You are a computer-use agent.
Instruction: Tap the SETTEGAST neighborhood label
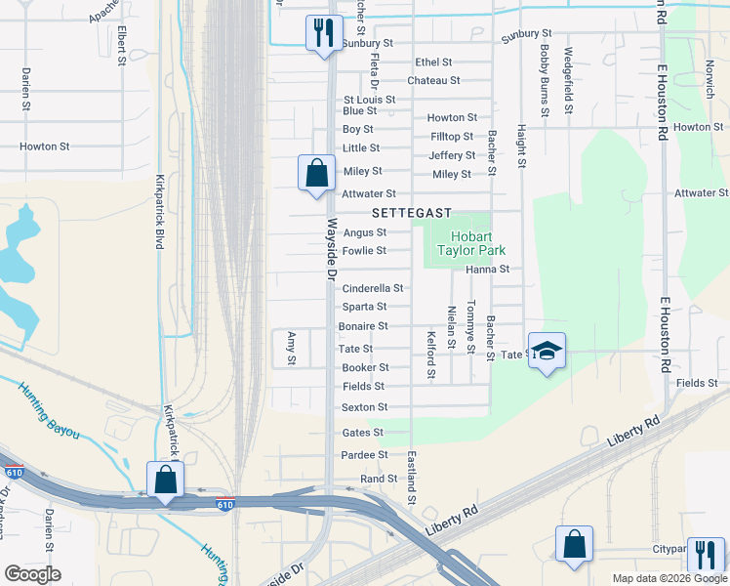pos(411,213)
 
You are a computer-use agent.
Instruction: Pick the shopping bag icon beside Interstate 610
pos(165,481)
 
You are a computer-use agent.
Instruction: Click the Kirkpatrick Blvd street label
pos(158,212)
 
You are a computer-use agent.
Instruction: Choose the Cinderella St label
pos(372,289)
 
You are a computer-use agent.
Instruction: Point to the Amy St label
pos(291,348)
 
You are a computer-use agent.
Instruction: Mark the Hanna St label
pos(487,269)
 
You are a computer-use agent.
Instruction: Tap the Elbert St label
pos(122,43)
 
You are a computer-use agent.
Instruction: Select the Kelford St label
pos(430,355)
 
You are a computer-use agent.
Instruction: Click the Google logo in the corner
pos(32,574)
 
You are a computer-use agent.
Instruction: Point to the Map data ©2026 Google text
pos(669,578)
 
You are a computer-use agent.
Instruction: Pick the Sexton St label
pos(364,407)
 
